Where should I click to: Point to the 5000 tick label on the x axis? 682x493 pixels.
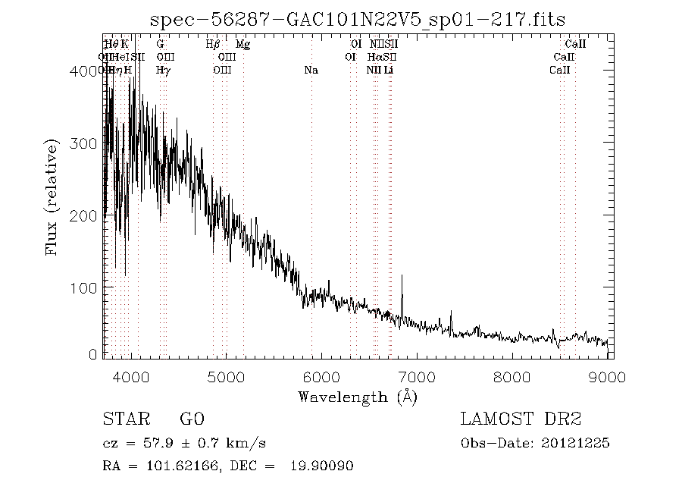click(226, 376)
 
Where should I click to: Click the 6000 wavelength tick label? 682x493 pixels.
click(321, 376)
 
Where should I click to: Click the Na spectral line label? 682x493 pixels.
click(311, 71)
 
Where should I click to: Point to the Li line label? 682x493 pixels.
click(388, 71)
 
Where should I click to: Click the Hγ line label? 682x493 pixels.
click(162, 71)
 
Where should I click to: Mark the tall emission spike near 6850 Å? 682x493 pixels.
click(402, 277)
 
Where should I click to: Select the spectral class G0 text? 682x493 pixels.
click(191, 419)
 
